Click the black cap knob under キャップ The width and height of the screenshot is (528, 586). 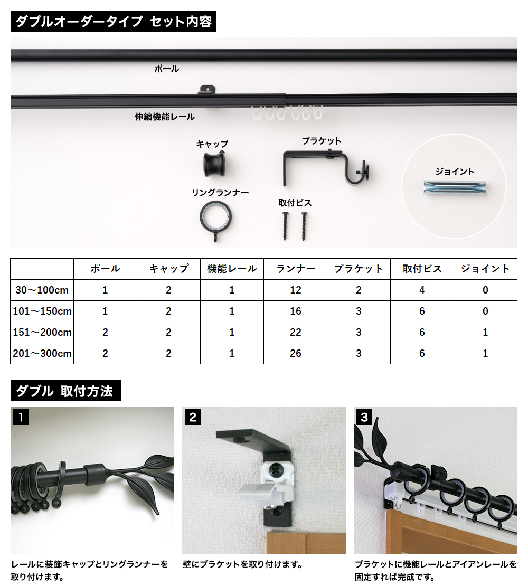tap(215, 164)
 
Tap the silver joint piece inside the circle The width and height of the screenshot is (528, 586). tap(455, 187)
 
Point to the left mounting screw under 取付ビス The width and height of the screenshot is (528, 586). tap(285, 226)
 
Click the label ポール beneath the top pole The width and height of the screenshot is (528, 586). tap(167, 69)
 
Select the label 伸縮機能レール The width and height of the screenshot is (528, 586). tap(165, 117)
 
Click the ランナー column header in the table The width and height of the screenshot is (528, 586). tap(295, 269)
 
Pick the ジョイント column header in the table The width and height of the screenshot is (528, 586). tap(485, 269)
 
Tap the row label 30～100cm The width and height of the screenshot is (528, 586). tap(42, 290)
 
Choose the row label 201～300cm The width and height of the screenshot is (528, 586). tap(42, 354)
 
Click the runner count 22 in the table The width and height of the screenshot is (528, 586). tap(295, 332)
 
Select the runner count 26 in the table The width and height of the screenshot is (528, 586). tap(295, 354)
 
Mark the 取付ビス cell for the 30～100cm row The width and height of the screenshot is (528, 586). tap(422, 290)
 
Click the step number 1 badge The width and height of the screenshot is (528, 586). tap(21, 417)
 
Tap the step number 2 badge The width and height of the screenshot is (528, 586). tap(192, 417)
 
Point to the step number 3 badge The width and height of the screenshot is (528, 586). tap(364, 417)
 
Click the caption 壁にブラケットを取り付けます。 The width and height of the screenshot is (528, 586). tap(242, 564)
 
